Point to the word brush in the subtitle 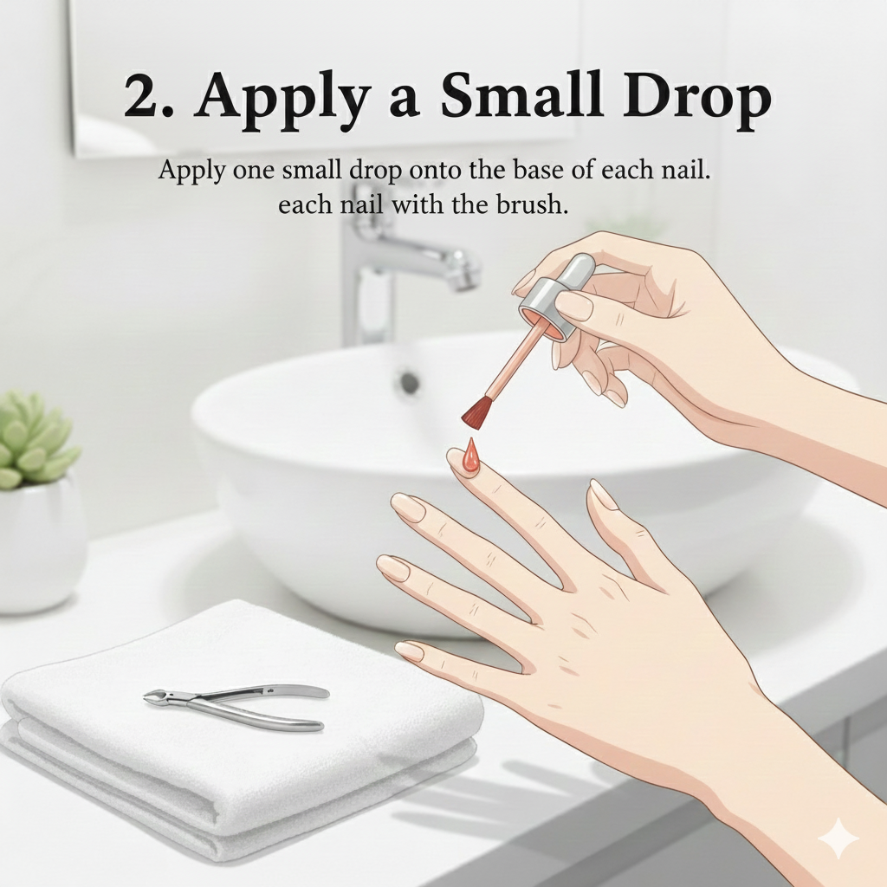coord(532,204)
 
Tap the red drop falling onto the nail coord(470,456)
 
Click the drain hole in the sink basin coord(410,384)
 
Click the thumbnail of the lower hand coord(603,495)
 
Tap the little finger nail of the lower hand coord(409,651)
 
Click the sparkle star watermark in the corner coord(838,838)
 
